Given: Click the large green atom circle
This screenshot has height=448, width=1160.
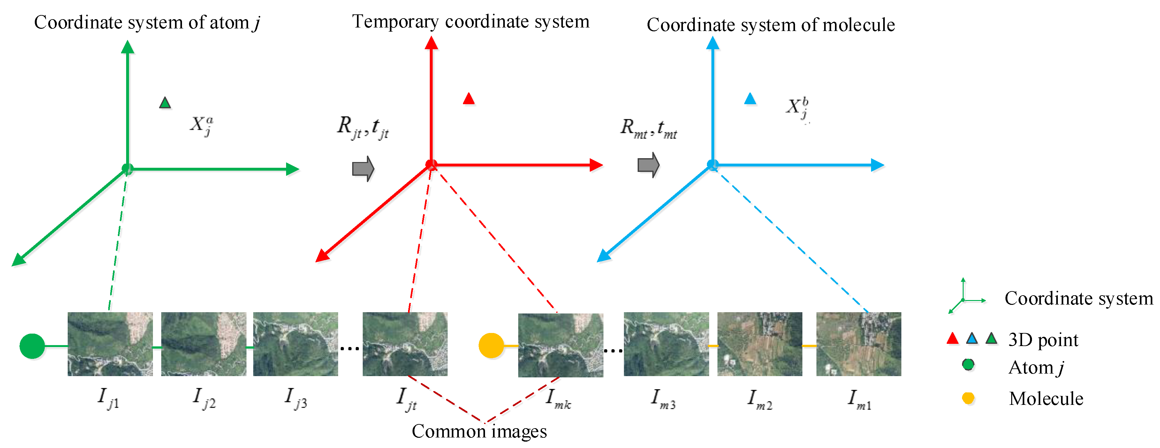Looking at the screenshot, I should click(x=32, y=346).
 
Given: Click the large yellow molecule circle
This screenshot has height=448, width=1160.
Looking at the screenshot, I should click(x=491, y=346).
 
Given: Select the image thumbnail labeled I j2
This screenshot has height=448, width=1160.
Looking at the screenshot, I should click(x=203, y=344).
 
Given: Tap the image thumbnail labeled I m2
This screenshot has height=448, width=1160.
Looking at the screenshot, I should click(x=759, y=344).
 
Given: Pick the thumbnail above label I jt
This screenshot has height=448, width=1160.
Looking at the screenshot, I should click(x=405, y=344).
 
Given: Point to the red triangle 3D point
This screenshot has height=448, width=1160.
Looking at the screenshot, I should click(x=469, y=99).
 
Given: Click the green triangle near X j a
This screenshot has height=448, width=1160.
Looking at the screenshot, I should click(x=165, y=103).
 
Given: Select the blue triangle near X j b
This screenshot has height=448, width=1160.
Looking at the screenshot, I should click(x=750, y=99).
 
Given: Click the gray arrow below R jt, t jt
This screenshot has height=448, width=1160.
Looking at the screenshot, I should click(x=363, y=169).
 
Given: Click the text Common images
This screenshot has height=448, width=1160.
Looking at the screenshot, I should click(x=479, y=431).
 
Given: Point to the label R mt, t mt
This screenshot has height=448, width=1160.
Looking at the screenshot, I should click(x=648, y=128).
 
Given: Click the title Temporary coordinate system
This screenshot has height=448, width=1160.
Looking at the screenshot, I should click(x=471, y=22).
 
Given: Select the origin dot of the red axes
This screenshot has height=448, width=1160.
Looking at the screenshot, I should click(x=431, y=165).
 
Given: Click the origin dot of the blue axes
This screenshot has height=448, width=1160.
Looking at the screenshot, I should click(x=712, y=165).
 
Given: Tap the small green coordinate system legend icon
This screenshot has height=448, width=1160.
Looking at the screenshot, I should click(x=965, y=297).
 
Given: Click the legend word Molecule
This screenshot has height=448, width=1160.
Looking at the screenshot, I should click(x=1046, y=398).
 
